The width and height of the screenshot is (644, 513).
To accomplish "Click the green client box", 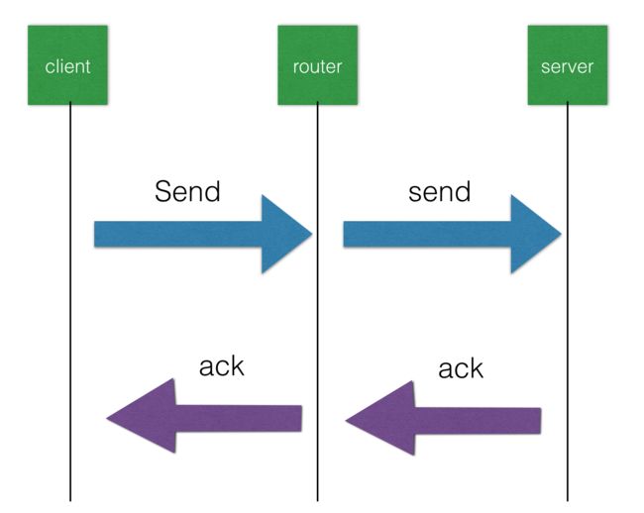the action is [67, 64].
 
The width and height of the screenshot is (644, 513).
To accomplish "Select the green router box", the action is [317, 64].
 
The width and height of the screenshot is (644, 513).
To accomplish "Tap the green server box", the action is [568, 64].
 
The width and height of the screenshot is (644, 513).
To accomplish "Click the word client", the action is [67, 66].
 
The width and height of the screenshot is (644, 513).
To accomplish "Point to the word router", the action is [317, 67].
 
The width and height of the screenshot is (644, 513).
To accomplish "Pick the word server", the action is [567, 67].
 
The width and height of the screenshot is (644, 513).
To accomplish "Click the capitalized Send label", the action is [187, 191].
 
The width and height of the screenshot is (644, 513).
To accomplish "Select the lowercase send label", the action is [440, 192].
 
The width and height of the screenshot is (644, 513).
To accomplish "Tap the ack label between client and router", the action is [222, 366].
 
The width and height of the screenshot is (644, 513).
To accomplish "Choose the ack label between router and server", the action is [461, 368].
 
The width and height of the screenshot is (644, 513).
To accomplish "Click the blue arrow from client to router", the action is [203, 234].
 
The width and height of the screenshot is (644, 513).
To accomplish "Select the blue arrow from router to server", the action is [452, 234].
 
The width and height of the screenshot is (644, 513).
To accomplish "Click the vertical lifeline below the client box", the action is [70, 302].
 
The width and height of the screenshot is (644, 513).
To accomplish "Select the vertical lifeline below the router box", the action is [317, 302].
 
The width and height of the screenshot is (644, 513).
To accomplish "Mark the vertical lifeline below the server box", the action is [568, 302].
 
